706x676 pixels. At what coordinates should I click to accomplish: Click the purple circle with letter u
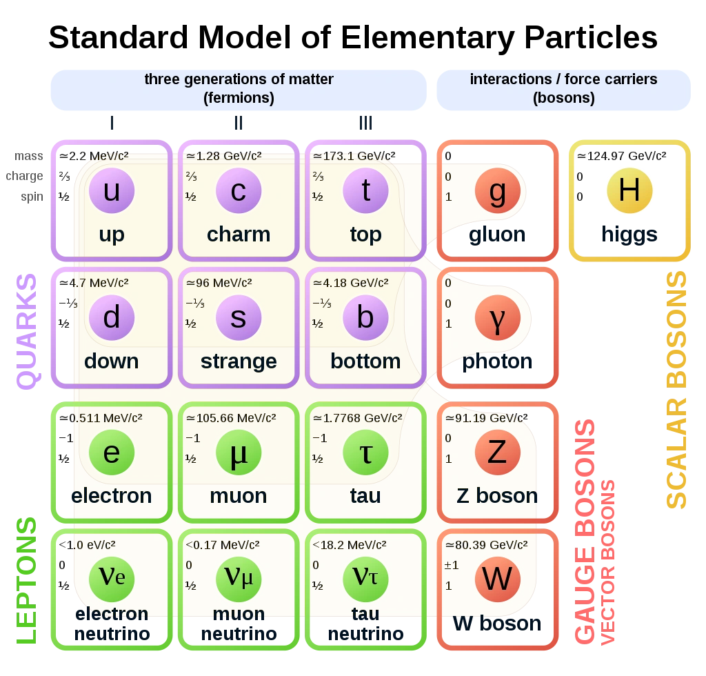tap(111, 191)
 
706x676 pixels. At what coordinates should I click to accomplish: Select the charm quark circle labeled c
tap(238, 191)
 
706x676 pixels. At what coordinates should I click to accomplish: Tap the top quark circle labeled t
tap(365, 191)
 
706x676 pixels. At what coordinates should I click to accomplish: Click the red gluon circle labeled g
tap(497, 191)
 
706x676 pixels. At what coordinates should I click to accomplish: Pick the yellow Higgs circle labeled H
tap(629, 190)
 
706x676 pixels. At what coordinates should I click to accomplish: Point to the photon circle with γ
tap(497, 319)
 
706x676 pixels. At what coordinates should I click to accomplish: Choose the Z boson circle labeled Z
tap(497, 453)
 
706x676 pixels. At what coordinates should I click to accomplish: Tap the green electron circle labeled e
tap(111, 453)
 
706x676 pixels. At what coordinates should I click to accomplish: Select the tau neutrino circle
tap(365, 578)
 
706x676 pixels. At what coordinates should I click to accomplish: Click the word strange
tap(239, 361)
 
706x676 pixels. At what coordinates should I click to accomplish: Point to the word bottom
tap(365, 361)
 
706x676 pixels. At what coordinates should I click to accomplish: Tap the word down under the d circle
tap(111, 361)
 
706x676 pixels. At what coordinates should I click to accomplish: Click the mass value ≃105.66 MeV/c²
tap(230, 418)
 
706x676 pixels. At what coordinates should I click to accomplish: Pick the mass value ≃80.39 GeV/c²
tap(486, 545)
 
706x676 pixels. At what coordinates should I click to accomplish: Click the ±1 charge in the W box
tap(452, 566)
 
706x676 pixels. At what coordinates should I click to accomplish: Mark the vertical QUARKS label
tap(28, 332)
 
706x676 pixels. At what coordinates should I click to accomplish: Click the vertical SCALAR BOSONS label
tap(676, 390)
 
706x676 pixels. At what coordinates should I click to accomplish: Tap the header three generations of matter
tap(239, 79)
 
